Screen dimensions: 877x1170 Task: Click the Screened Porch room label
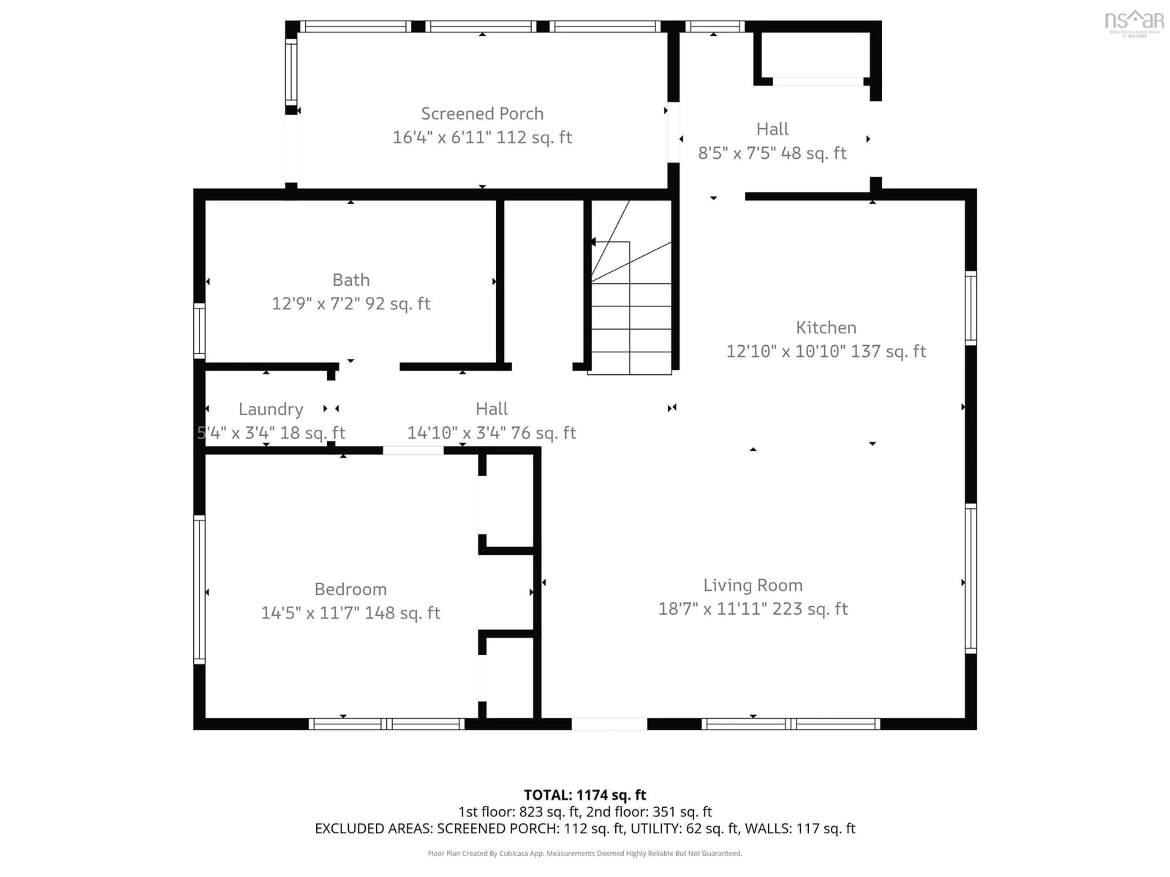[x=482, y=114]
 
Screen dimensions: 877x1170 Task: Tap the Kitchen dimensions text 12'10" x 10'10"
[x=826, y=351]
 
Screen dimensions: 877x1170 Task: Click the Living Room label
[x=753, y=585]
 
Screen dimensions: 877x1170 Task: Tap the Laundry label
[x=271, y=409]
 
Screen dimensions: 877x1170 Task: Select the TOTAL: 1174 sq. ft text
[x=584, y=795]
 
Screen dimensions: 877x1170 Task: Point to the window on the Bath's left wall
[x=199, y=331]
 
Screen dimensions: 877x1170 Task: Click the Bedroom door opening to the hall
[x=413, y=450]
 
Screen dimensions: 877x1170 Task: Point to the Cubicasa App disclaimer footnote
[x=584, y=853]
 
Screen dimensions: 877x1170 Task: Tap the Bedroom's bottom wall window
[x=387, y=724]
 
